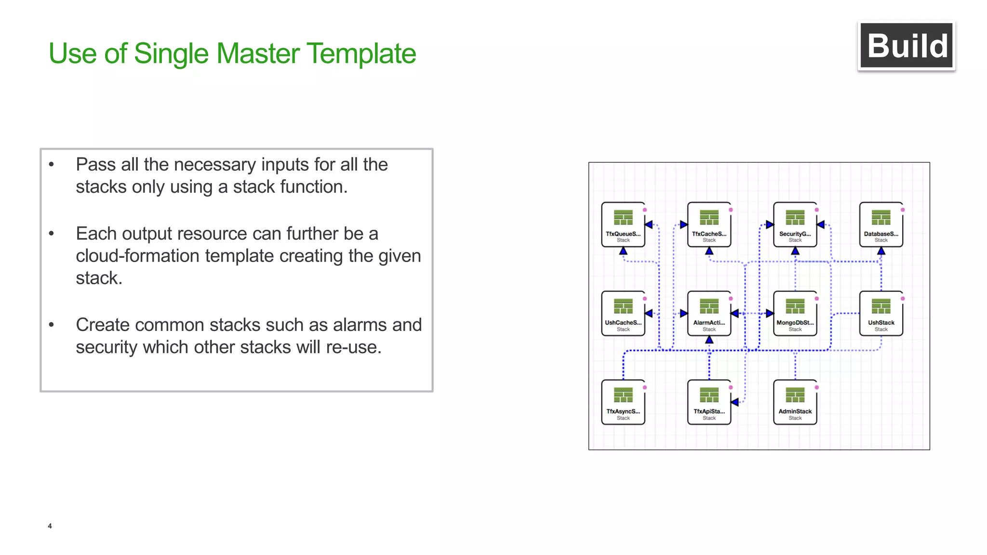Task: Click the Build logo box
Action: (907, 46)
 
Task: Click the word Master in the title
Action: (258, 53)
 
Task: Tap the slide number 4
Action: (50, 526)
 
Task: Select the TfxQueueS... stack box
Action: (623, 225)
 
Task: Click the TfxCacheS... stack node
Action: (709, 225)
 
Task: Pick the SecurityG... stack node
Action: (795, 225)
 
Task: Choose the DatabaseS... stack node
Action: (881, 225)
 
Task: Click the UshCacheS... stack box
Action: (623, 314)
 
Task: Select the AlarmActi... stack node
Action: (709, 314)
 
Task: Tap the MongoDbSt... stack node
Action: (795, 314)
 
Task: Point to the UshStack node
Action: (881, 314)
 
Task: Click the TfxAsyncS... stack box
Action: (623, 402)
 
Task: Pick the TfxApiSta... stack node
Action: (709, 402)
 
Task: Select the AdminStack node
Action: (795, 402)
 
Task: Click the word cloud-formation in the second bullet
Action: (138, 256)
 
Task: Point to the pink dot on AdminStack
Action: (816, 387)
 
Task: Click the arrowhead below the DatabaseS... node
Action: (881, 251)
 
